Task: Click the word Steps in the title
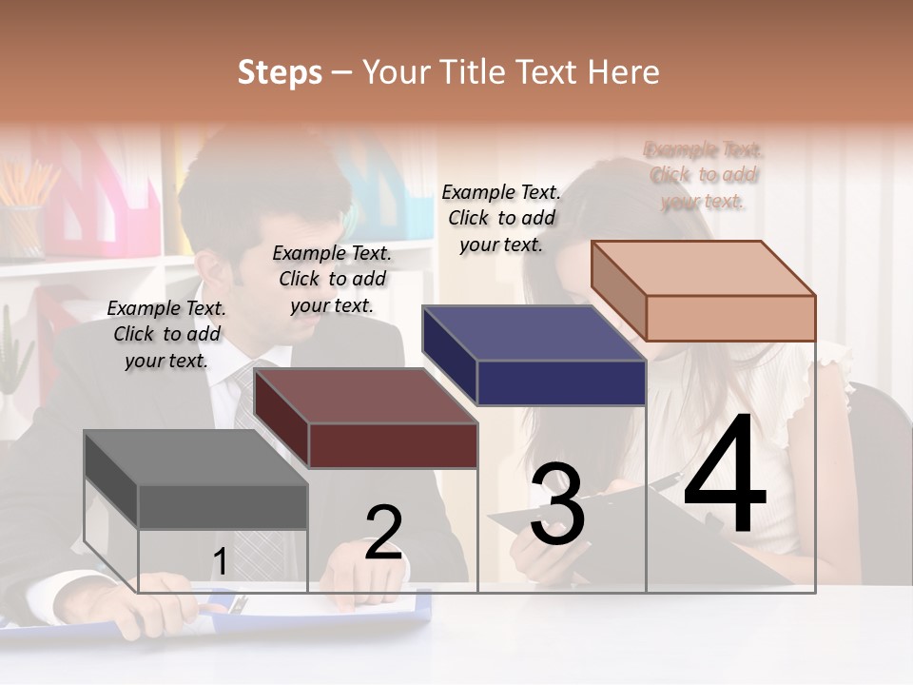(x=280, y=72)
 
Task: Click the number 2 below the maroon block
(x=384, y=533)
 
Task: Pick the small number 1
(x=221, y=562)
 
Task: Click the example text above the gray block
(x=166, y=334)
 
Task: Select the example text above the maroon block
(x=332, y=279)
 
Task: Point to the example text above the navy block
(x=501, y=218)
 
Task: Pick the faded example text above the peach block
(x=703, y=175)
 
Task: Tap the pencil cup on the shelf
(x=21, y=228)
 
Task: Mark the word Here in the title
(x=624, y=72)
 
